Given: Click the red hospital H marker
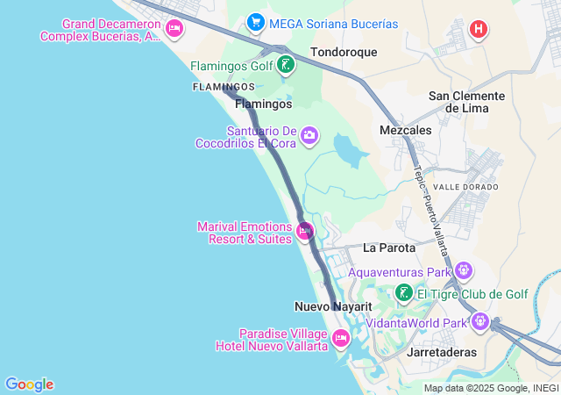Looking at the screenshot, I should coord(478,29).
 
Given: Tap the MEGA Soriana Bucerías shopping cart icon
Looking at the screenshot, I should coord(256,21).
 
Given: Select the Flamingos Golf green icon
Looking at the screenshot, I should coord(285,64).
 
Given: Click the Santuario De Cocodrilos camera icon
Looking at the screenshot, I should coord(309,135).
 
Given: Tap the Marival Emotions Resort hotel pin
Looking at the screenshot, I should coord(305,232).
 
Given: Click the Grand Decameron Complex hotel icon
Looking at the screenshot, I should coord(174,29).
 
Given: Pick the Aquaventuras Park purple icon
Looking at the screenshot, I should coord(464,270).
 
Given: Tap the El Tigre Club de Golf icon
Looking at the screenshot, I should coord(403,293).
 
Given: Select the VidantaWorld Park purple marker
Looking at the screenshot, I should coord(479,322).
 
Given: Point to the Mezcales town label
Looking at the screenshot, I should coord(405,129).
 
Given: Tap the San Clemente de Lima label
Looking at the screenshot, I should coord(465,101).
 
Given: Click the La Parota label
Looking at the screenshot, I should coord(388,248).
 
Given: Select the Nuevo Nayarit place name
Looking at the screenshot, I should coord(333,306).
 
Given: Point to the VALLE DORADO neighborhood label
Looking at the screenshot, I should coord(465,187).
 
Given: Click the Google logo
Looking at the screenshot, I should coord(29,384).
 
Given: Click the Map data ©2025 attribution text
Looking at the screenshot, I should coord(490,388).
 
